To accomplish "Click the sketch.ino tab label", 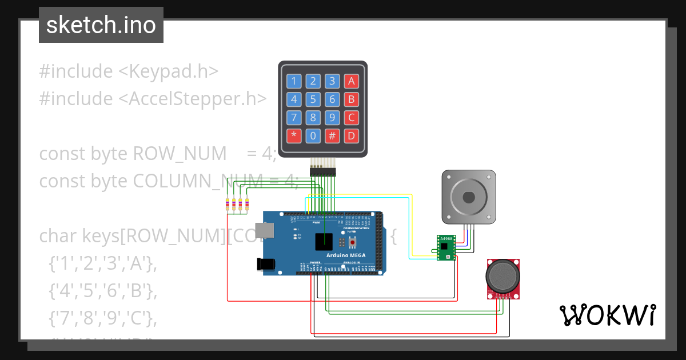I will coord(101,25).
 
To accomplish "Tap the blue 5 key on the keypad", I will coord(313,99).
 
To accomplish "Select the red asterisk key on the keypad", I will coord(294,136).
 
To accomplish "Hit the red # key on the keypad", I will coord(332,136).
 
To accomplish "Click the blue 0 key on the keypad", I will coord(313,136).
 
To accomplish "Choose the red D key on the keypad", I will coord(352,136).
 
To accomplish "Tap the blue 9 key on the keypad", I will coord(332,118).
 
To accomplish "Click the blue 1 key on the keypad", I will coord(294,81).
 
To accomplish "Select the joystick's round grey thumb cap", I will coord(502,276).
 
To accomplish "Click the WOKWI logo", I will coord(607,315).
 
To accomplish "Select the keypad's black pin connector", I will coord(323,171).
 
